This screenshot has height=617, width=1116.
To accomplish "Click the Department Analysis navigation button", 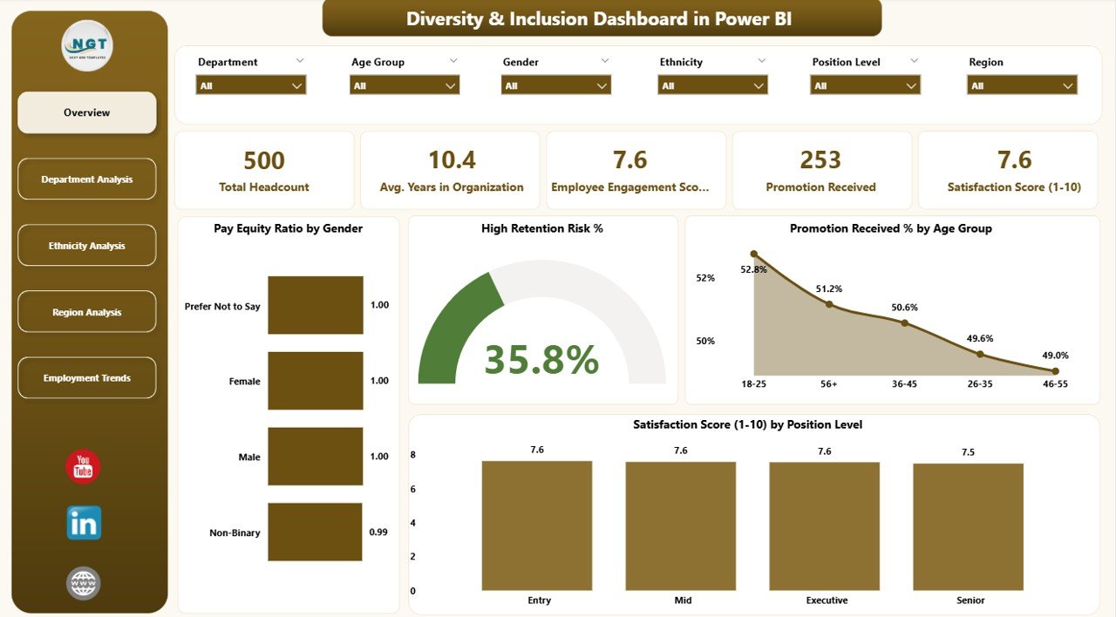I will click(x=87, y=180).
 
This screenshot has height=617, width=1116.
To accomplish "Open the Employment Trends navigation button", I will click(x=87, y=378).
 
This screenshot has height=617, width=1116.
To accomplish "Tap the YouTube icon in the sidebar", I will click(x=83, y=467).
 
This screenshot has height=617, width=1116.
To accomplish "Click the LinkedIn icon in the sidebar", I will click(x=84, y=523).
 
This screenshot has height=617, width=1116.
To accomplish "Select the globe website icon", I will click(x=84, y=583).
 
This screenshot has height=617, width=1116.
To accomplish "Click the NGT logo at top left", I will click(x=87, y=45).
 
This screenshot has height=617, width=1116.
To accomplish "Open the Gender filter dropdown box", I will click(x=555, y=85).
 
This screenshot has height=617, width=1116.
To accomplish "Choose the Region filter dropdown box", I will click(x=1022, y=85).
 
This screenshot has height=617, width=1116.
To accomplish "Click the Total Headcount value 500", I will click(x=264, y=160).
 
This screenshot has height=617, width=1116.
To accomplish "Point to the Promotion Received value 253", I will click(x=820, y=160).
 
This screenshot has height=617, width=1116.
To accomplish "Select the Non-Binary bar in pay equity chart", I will click(x=316, y=532).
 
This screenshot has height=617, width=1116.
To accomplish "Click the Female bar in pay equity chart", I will click(x=316, y=381).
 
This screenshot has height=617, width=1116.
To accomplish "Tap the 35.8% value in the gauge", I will click(x=541, y=360).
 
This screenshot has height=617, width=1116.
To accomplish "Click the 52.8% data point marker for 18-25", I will click(x=754, y=254).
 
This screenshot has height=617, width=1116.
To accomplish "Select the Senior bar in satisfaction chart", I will click(x=968, y=526).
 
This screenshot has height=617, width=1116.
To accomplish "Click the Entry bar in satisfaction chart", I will click(x=536, y=525).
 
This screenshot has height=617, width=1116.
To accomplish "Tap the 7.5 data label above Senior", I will click(x=968, y=452).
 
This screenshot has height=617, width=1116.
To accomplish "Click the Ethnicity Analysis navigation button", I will click(x=87, y=246).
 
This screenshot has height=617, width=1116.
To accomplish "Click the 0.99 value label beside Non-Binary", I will click(x=379, y=532).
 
